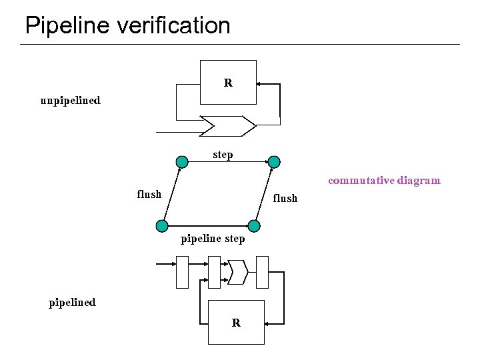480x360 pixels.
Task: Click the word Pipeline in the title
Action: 66,26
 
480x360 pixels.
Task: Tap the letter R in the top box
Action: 228,83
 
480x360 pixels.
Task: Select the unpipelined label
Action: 70,101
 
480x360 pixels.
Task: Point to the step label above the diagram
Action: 223,155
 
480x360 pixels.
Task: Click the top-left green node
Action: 181,161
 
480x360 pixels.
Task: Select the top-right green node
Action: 274,161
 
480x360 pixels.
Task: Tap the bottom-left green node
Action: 161,225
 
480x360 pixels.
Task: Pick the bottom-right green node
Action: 253,225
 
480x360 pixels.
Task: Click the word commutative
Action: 361,180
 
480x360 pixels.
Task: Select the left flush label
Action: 149,194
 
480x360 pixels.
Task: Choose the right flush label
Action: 285,198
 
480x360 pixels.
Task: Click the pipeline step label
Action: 213,238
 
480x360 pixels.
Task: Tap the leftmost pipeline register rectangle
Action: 182,272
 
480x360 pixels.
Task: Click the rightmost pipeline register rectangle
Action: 262,272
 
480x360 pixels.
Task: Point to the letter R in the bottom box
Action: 236,323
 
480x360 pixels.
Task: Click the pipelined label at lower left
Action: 72,302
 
